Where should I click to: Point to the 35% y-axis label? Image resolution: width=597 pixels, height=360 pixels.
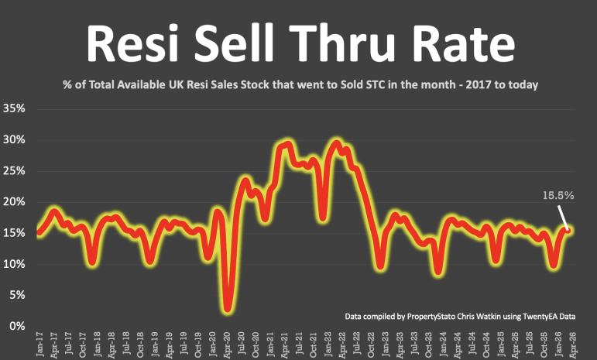[x=14, y=108]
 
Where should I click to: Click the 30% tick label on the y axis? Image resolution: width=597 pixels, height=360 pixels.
[x=14, y=139]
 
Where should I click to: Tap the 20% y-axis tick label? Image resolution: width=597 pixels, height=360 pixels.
[x=14, y=201]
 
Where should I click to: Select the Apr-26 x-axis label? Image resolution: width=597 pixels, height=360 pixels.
[x=574, y=345]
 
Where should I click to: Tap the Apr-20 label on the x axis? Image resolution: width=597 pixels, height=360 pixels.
[x=228, y=345]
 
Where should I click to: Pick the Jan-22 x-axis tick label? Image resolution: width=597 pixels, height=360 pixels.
[x=329, y=345]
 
